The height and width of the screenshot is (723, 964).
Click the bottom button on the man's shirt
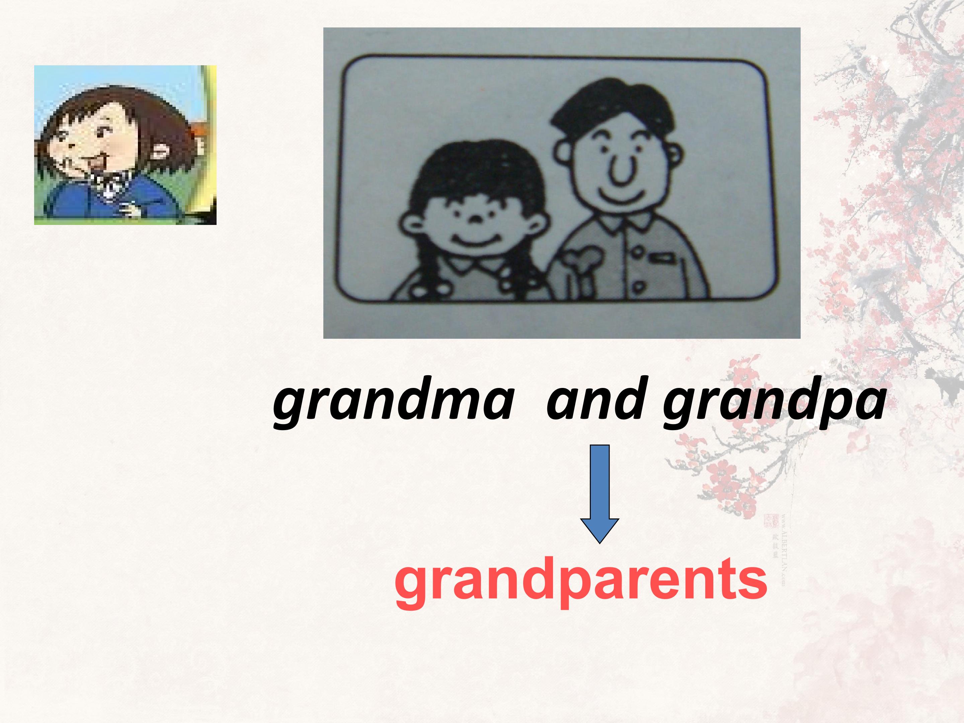(638, 287)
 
